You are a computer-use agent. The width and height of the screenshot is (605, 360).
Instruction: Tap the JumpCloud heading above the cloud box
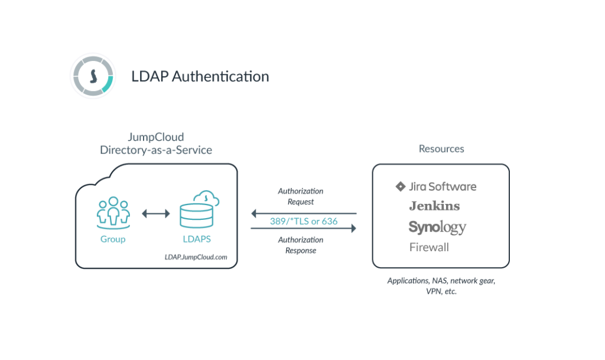point(156,137)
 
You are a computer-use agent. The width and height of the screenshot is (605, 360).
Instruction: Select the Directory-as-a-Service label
point(156,150)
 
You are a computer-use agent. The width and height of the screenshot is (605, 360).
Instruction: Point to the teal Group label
point(112,240)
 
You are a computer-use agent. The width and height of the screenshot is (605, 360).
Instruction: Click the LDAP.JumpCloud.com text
point(196,258)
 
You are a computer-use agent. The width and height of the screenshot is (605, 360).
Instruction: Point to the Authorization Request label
point(301,196)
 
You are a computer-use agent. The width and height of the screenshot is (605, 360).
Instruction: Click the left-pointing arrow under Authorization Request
point(304,212)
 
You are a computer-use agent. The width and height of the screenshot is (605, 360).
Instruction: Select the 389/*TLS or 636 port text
point(303,220)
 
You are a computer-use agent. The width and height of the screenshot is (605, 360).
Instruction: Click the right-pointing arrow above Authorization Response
point(304,228)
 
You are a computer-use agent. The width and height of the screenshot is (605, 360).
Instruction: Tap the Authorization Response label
point(301,245)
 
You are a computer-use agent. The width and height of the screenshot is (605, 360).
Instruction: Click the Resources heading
point(441,149)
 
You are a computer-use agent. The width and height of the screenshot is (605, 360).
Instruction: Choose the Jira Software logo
point(436,187)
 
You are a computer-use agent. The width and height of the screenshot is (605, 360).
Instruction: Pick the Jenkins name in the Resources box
point(434,206)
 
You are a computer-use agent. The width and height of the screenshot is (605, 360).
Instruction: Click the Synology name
point(437,226)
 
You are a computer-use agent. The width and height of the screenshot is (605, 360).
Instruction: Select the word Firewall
point(429,247)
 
